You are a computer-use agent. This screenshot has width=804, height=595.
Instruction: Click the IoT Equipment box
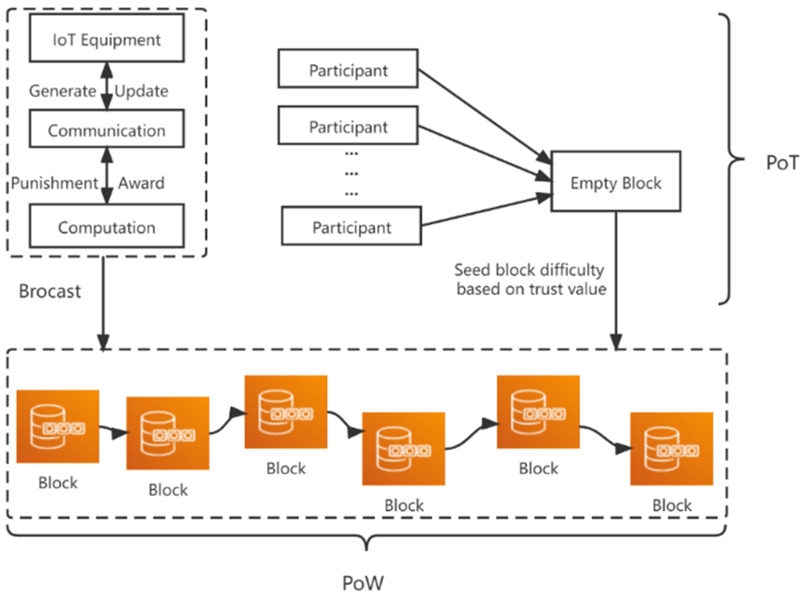click(x=107, y=38)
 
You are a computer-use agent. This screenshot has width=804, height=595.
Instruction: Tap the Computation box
click(x=107, y=226)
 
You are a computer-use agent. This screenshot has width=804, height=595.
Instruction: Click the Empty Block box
click(x=616, y=181)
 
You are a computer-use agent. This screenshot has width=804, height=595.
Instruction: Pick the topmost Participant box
click(x=348, y=69)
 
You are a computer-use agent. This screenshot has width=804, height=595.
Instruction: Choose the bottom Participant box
click(x=351, y=226)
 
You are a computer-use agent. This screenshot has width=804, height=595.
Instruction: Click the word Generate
click(x=62, y=91)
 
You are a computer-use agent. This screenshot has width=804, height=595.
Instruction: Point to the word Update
click(x=141, y=91)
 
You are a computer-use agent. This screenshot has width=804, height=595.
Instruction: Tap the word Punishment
click(x=54, y=183)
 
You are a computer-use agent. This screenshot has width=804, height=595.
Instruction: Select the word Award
click(x=141, y=183)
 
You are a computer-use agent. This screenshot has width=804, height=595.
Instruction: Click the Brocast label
click(x=50, y=291)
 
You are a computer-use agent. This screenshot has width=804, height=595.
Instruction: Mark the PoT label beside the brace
click(x=782, y=163)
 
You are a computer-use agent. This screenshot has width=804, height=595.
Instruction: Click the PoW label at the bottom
click(x=362, y=582)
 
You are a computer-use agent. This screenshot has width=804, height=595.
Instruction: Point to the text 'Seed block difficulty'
click(x=529, y=270)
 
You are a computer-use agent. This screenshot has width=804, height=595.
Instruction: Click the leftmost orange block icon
click(x=58, y=426)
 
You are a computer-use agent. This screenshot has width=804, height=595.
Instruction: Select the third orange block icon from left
click(x=286, y=412)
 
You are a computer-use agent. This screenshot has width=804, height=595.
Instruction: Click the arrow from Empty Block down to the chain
click(x=616, y=281)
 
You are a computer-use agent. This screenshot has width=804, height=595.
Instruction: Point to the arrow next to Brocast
click(x=103, y=303)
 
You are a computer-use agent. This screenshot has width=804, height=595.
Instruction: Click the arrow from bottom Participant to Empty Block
click(x=486, y=210)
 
